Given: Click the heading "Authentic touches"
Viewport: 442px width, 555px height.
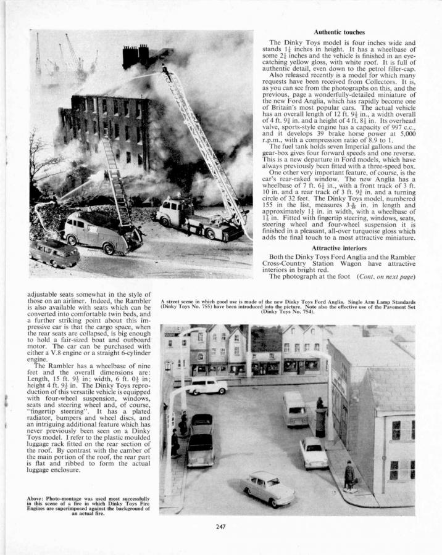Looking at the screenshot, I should click(x=339, y=32).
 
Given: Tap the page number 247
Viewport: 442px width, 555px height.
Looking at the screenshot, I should click(x=221, y=527).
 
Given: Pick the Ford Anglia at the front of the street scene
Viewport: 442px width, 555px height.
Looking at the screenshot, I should click(x=268, y=488).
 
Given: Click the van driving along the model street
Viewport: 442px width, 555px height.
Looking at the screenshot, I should click(x=296, y=408).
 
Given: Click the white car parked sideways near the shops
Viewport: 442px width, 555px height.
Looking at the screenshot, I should click(x=207, y=386).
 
